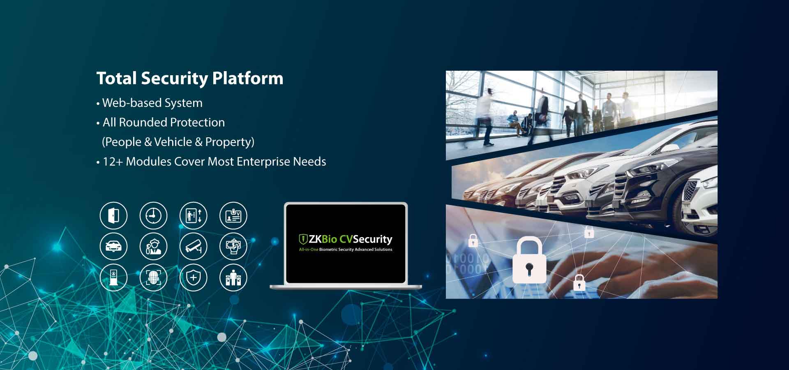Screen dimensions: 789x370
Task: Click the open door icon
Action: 113,215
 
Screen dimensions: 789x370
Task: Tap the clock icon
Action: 153,215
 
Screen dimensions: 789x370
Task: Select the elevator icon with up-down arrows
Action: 193,215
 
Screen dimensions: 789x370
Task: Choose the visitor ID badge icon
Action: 233,215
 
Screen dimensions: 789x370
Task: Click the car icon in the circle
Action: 113,246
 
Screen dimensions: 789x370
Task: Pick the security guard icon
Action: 153,246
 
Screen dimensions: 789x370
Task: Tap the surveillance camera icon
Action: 193,246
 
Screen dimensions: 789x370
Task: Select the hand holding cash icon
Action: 233,246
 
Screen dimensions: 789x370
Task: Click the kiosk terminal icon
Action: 113,277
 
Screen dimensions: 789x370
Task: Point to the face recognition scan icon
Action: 153,277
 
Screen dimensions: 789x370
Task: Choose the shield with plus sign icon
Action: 193,277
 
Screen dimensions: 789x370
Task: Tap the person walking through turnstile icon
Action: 233,277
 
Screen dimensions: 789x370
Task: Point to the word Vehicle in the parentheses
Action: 173,142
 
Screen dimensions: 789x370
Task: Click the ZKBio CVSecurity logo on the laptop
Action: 345,242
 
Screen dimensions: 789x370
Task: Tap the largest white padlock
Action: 529,260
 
